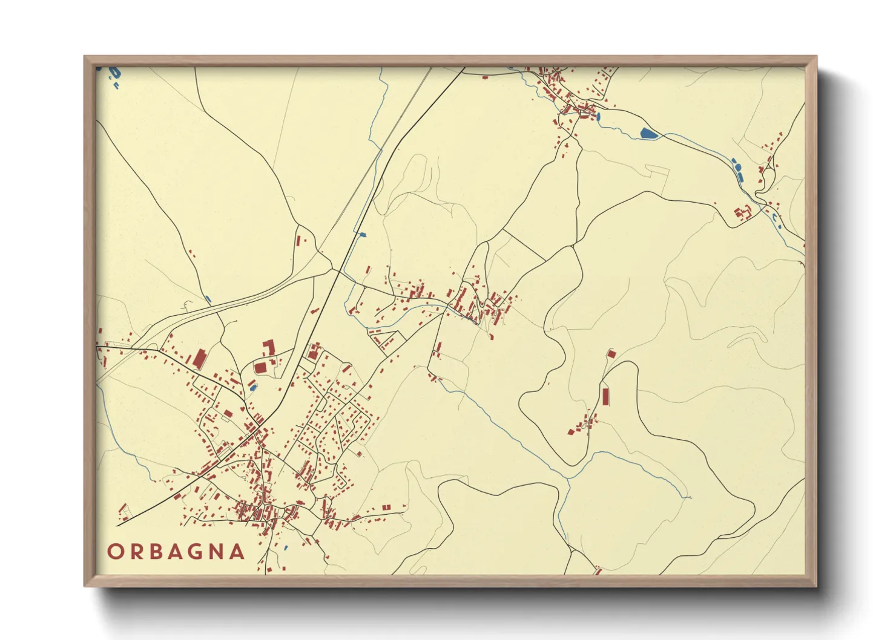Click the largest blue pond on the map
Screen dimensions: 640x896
coord(647,133)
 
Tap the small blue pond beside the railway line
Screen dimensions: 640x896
coord(363,233)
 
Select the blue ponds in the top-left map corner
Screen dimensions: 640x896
coord(113,74)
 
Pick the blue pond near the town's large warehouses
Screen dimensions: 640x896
coord(252,385)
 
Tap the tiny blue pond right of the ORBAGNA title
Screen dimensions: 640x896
coord(285,548)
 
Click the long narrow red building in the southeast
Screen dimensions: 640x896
coord(605,397)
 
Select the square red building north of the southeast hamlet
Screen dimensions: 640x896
coord(611,353)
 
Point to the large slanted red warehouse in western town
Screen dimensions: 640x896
coord(199,358)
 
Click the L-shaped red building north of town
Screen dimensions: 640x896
coord(268,347)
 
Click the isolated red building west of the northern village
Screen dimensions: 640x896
coord(484,77)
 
